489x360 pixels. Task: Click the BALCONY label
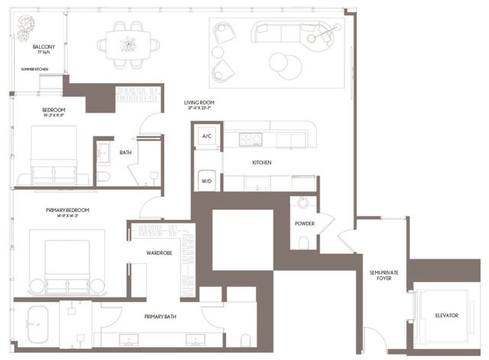coord(44,47)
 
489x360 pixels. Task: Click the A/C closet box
coord(206,137)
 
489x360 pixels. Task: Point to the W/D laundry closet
coord(206,182)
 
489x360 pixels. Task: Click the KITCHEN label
coord(262,162)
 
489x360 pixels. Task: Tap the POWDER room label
coord(305,224)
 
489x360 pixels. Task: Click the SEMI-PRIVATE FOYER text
coord(380,276)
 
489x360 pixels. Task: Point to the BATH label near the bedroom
coord(127,153)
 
